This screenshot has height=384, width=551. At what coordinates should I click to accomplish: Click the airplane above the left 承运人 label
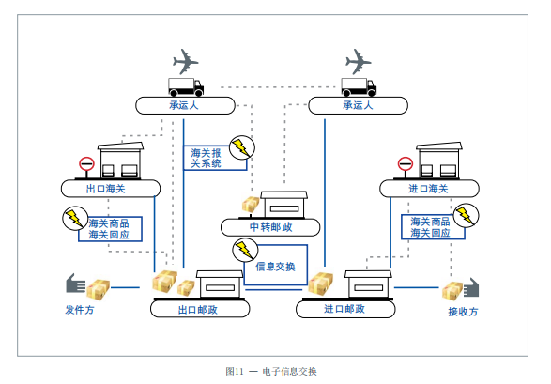[x=185, y=63]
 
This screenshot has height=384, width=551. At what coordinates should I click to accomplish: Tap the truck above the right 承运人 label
[x=358, y=86]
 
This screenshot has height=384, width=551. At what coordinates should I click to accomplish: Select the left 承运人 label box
[x=184, y=106]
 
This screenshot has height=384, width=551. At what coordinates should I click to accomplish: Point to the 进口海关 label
[x=428, y=189]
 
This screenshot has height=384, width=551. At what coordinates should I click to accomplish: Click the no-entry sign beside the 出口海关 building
[x=86, y=164]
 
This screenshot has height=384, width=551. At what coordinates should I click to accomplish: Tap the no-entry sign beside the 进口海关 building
[x=405, y=164]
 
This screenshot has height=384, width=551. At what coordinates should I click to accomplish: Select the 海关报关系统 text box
[x=207, y=158]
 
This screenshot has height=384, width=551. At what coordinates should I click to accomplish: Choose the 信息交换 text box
[x=274, y=267]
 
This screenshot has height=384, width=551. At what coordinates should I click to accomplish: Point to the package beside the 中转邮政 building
[x=251, y=205]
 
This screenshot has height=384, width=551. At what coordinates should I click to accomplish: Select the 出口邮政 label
[x=197, y=308]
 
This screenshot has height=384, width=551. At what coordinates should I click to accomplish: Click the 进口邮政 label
[x=344, y=308]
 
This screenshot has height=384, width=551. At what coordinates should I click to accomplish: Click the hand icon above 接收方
[x=468, y=287]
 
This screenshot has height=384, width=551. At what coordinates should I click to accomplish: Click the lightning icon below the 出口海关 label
[x=73, y=218]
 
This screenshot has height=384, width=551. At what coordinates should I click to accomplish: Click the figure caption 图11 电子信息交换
[x=271, y=371]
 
